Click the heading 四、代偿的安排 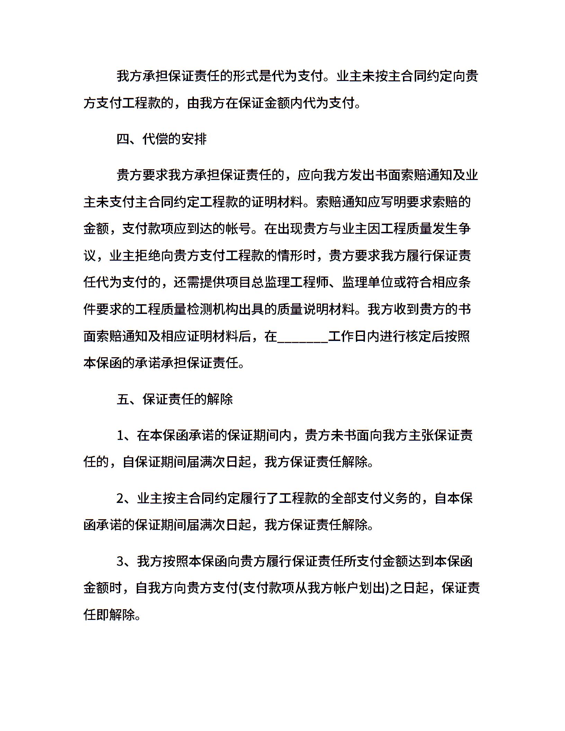pyautogui.click(x=162, y=139)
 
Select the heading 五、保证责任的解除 pyautogui.click(x=175, y=399)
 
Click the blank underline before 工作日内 pyautogui.click(x=303, y=336)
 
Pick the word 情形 pyautogui.click(x=290, y=256)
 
